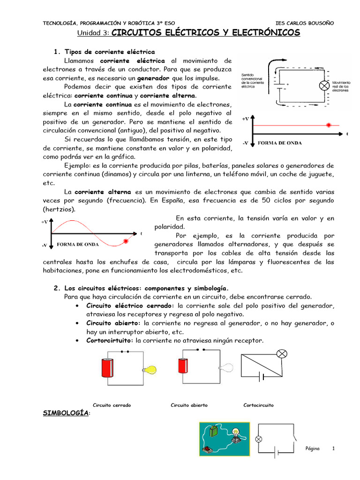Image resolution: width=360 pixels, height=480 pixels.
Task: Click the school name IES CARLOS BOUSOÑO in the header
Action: coord(305,23)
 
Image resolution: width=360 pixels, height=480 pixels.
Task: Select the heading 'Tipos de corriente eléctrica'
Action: coord(109,52)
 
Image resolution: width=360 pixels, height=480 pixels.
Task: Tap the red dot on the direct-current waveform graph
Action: coord(329,125)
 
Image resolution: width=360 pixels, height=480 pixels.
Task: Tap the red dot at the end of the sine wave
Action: coord(125,241)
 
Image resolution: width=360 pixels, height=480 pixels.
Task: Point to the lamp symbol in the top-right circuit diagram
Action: coord(323,86)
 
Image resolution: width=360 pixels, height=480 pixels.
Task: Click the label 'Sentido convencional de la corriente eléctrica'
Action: coord(253,81)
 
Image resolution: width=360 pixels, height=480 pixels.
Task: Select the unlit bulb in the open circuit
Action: coord(227,368)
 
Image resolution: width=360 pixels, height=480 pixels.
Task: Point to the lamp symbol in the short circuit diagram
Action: coord(282,353)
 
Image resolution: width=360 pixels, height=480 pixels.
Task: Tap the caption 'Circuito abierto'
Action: coord(189,405)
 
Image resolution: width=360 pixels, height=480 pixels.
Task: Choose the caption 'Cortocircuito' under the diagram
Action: coord(258,405)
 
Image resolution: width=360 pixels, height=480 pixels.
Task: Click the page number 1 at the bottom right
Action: coord(333,449)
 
